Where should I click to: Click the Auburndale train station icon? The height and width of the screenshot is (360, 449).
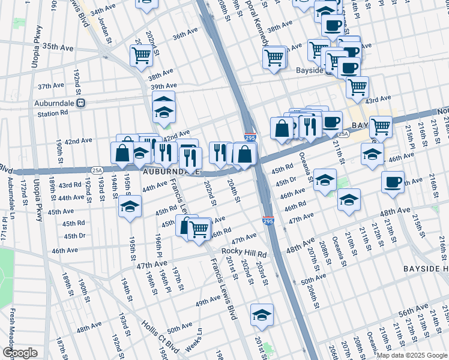click(82, 103)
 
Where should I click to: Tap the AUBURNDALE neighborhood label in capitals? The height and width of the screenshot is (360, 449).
click(171, 172)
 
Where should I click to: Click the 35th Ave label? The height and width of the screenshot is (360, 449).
click(58, 46)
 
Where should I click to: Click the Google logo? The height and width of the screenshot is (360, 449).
click(20, 353)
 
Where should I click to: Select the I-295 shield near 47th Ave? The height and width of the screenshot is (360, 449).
click(268, 221)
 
